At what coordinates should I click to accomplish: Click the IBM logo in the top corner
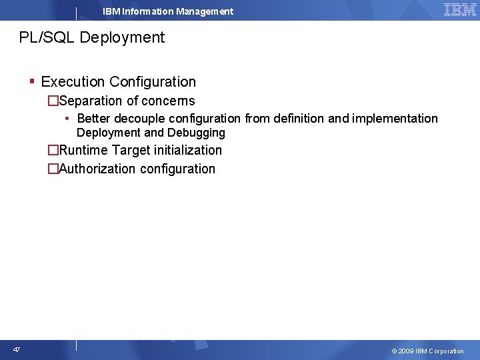click(x=460, y=10)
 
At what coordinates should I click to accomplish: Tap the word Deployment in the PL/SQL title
click(x=122, y=38)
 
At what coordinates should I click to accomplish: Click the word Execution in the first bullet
click(x=73, y=82)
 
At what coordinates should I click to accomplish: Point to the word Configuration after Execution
click(x=153, y=82)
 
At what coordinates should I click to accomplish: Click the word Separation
click(x=90, y=101)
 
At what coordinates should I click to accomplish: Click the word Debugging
click(x=196, y=133)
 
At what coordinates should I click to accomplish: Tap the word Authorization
click(x=97, y=169)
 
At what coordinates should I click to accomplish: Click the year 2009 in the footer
click(x=406, y=351)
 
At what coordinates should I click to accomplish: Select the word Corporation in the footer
click(x=446, y=351)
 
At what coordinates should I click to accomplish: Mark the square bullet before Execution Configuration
click(x=32, y=81)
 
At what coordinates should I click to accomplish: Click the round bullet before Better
click(x=69, y=119)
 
